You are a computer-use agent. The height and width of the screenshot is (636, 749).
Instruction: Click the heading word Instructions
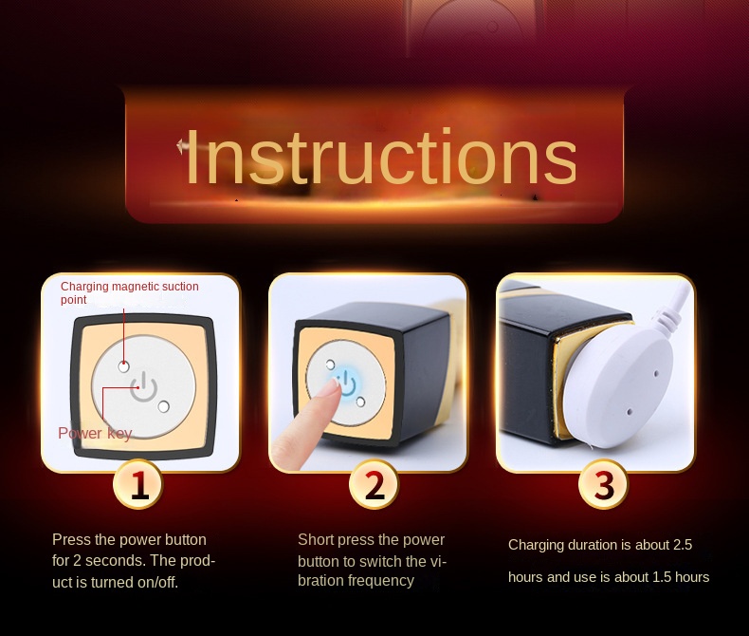381,157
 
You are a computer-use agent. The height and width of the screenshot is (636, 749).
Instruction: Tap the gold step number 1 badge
138,484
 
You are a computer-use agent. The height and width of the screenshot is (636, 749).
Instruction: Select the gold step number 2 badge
374,484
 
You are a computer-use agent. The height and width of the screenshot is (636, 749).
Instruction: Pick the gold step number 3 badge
603,484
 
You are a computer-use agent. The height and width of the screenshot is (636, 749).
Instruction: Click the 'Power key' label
95,433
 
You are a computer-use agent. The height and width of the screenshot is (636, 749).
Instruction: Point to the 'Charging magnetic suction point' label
130,292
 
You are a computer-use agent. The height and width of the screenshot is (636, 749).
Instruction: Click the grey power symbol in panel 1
143,387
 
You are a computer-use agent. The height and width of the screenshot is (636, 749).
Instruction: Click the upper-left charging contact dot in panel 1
123,366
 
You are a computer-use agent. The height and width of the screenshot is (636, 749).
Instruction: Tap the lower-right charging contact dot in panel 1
163,406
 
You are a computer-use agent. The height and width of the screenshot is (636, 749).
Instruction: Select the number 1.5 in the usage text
662,577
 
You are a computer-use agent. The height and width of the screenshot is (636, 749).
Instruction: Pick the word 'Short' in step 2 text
316,539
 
